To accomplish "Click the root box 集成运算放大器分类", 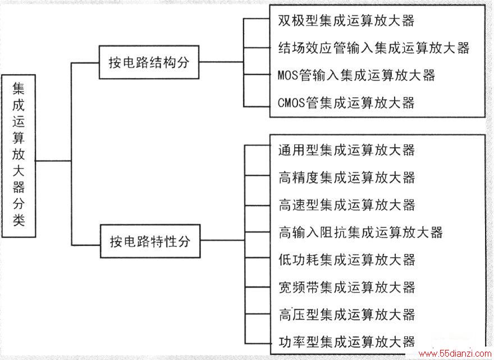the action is (19, 156).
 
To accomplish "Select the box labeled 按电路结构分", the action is (149, 62).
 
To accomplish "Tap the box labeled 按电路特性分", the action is (150, 241).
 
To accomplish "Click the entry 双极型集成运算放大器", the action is (346, 21).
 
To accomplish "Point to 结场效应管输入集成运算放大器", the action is (374, 48).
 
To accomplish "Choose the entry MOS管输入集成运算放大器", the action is (356, 75).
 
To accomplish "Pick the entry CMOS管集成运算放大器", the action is (346, 103).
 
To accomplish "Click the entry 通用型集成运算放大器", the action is (346, 150).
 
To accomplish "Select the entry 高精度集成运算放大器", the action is (346, 177).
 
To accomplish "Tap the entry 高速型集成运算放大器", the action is (346, 205).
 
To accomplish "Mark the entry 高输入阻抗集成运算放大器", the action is (361, 233).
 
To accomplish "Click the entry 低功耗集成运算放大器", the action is (346, 260).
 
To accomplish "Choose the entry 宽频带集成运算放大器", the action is (346, 287).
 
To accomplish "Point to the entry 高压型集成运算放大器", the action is (346, 315).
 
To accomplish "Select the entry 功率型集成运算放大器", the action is (346, 342).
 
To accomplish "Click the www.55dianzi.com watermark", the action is (455, 354).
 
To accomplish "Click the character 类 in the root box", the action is (19, 220).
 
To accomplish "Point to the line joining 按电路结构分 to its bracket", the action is (221, 62).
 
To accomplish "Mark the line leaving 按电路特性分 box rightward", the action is (222, 240).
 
